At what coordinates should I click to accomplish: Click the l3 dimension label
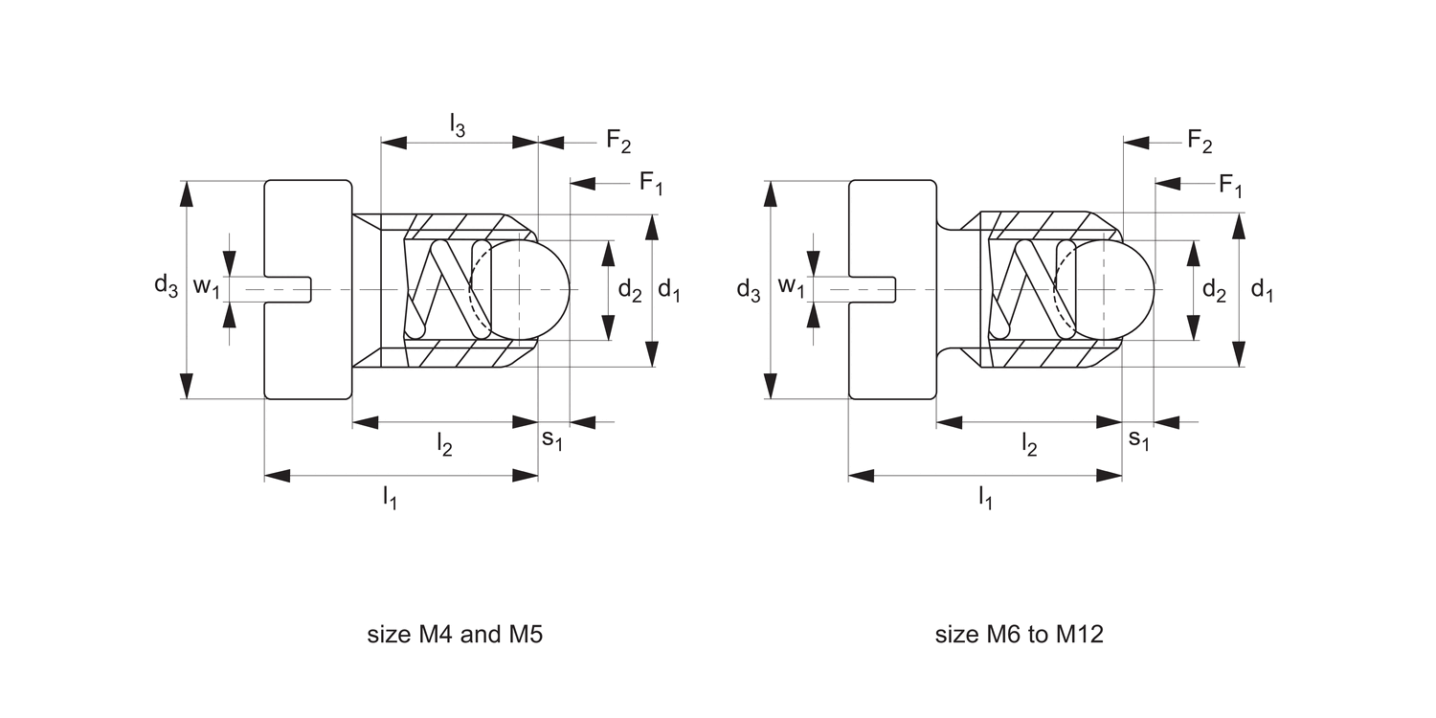tap(458, 124)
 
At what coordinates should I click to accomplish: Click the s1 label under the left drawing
tap(552, 438)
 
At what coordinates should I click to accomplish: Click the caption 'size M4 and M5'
tap(455, 635)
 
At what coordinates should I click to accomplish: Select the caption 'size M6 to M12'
tap(1019, 635)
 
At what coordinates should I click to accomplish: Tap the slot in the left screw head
tap(287, 289)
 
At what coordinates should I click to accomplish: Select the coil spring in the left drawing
tap(446, 288)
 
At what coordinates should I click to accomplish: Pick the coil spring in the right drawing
tap(1030, 288)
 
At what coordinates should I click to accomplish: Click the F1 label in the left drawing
tap(651, 183)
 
